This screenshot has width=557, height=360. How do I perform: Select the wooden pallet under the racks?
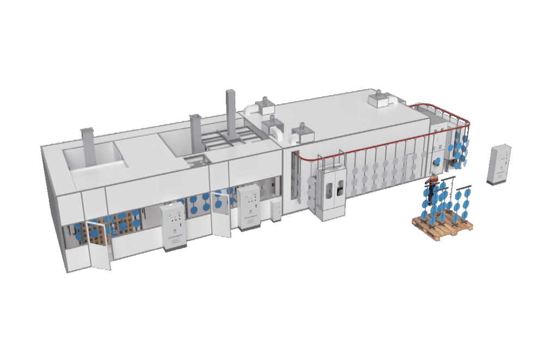tap(442, 224)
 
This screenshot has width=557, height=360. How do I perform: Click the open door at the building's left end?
tap(97, 248)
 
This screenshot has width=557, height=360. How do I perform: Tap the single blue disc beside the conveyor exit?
tap(436, 162)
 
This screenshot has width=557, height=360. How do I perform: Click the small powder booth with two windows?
tap(333, 191)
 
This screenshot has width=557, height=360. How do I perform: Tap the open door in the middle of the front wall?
tap(220, 213)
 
